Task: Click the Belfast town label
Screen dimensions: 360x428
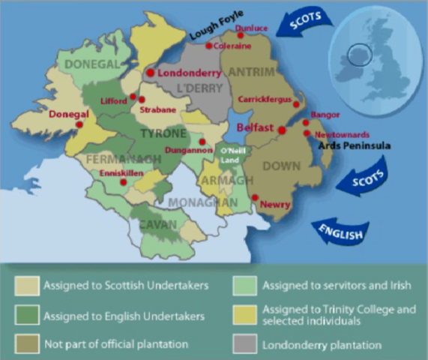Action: pyautogui.click(x=254, y=128)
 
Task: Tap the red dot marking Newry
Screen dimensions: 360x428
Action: pyautogui.click(x=255, y=198)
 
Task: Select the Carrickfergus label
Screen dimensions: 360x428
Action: pyautogui.click(x=264, y=98)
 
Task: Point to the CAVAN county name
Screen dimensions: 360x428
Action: pyautogui.click(x=158, y=224)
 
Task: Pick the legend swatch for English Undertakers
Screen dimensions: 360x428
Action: pyautogui.click(x=26, y=316)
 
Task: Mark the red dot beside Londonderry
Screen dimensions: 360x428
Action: pyautogui.click(x=150, y=73)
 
